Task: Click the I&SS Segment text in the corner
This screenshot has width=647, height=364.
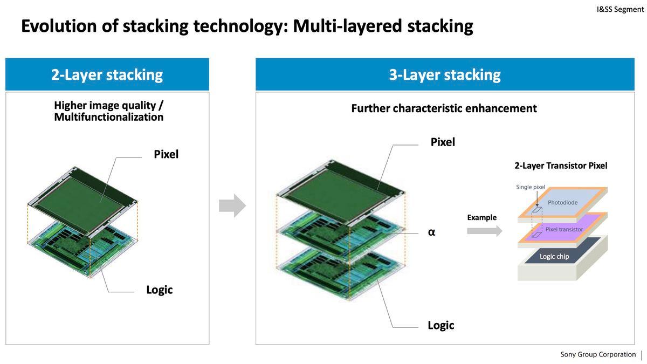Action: tap(620, 9)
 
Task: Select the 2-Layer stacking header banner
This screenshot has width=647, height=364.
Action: tap(107, 74)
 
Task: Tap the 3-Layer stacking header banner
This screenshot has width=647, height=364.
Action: tap(445, 74)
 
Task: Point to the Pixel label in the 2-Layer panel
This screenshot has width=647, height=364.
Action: tap(166, 154)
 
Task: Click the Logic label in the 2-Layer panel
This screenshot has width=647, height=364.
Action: tap(160, 290)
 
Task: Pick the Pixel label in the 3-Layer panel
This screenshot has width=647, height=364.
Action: tap(443, 142)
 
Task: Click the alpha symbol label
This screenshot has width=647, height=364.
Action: tap(431, 232)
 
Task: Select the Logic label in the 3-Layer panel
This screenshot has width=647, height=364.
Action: tap(441, 325)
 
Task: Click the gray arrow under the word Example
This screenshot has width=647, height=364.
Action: tap(484, 231)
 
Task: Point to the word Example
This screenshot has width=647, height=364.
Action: tap(482, 217)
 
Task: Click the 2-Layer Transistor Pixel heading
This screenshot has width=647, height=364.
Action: tap(561, 166)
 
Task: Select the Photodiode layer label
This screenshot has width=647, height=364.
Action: tap(562, 202)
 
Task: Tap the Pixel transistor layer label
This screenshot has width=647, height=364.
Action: tap(564, 229)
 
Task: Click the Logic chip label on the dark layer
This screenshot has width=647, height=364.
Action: tap(554, 256)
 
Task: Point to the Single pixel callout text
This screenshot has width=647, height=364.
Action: tap(531, 187)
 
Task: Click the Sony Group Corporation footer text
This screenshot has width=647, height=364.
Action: tap(598, 354)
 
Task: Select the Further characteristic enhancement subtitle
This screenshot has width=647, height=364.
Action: tap(444, 108)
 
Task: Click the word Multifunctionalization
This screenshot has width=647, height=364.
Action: tap(109, 117)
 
